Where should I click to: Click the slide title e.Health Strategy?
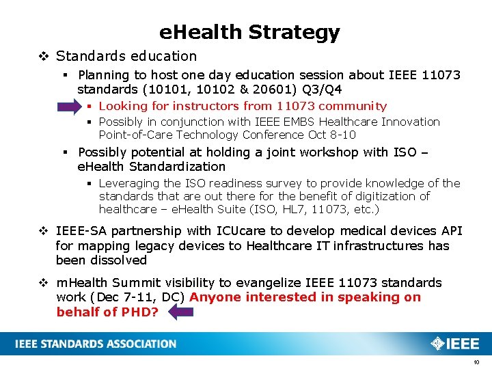point(249,32)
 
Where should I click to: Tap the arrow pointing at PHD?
point(181,312)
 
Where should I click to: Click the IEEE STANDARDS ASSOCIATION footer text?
point(96,344)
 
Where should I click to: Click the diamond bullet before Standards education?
point(45,56)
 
